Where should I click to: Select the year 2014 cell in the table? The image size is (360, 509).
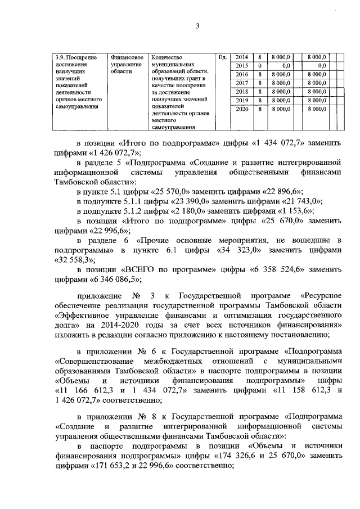(x=241, y=57)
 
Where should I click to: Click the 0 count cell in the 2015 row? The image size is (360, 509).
(x=259, y=66)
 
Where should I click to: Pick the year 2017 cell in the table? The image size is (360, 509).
(x=241, y=83)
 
